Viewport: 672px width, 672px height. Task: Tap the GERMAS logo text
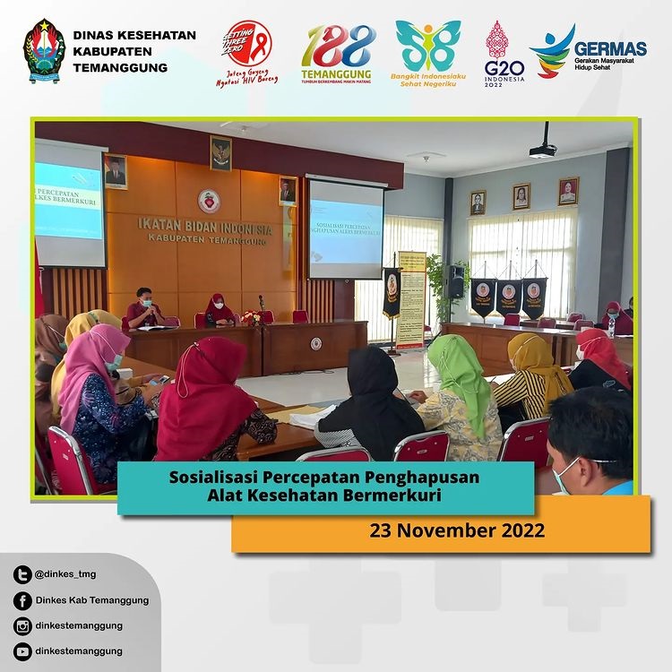(610, 48)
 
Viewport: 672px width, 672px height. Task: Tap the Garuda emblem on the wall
(220, 153)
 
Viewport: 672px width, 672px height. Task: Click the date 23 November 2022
(457, 530)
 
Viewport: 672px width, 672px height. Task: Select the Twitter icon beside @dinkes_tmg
(23, 574)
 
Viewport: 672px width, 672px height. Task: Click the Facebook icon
(23, 600)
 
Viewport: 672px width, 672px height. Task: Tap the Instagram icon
(23, 625)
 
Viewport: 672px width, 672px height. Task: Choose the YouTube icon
(23, 650)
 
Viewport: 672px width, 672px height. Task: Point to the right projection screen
(345, 228)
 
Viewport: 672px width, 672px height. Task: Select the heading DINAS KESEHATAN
(134, 35)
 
